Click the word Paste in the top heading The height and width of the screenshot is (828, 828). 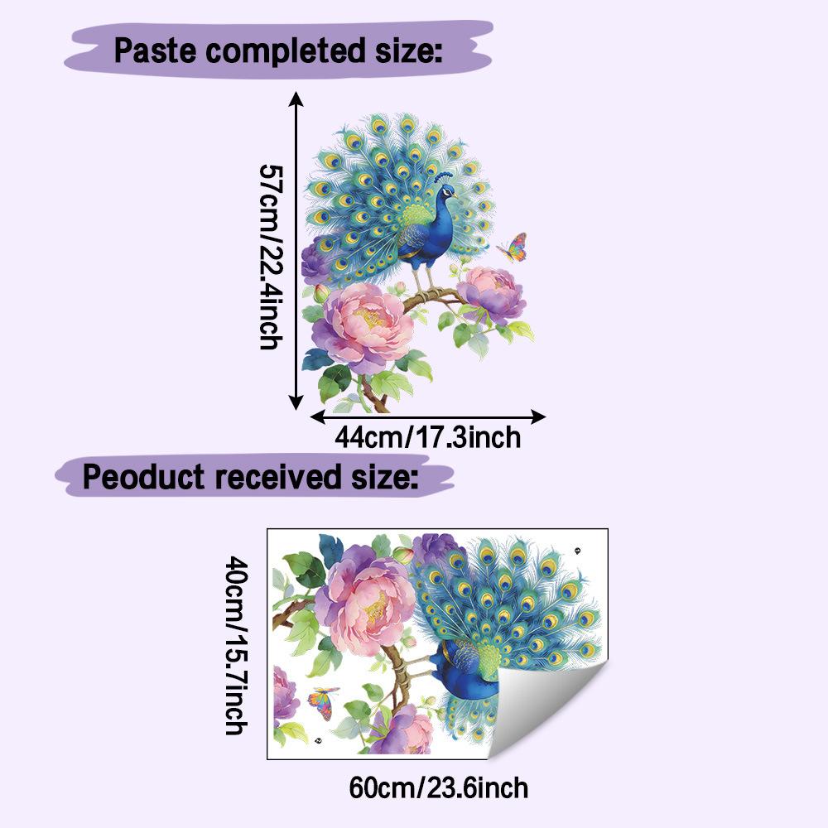coord(155,51)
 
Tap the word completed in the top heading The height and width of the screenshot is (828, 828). coord(285,51)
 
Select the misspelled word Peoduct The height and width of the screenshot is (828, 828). coord(143,477)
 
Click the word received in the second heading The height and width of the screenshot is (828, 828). coord(277,477)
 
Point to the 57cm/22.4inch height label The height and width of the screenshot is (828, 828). coord(272,257)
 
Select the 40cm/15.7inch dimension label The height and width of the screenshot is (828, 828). coord(236,645)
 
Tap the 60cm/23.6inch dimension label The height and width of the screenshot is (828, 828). coord(438,788)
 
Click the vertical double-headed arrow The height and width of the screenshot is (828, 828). coord(296,251)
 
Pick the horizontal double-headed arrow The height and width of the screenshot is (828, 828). coord(428,416)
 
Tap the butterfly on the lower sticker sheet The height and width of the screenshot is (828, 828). coord(323,703)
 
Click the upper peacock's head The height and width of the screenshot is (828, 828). coord(447,191)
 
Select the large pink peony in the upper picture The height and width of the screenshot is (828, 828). coord(364,325)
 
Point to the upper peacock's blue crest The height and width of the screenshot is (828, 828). coord(444,177)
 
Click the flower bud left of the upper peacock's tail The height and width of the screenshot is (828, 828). coord(321,292)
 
